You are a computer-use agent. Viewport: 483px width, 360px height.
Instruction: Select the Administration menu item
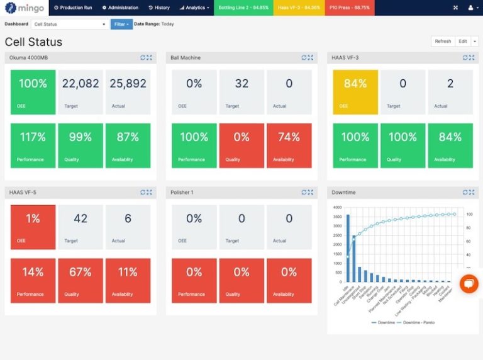120,8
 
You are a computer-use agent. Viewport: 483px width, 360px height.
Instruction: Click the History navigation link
159,8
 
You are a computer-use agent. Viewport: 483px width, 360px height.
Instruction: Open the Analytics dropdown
194,8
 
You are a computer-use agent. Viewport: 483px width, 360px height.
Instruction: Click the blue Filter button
121,24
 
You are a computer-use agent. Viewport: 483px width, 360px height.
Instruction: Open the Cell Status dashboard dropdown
70,24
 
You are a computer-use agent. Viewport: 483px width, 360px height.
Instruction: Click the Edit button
463,41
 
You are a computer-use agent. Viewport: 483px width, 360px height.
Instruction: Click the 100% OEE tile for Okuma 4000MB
33,92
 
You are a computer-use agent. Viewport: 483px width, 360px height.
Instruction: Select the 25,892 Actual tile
128,92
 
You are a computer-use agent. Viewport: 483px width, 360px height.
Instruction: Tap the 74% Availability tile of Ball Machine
289,145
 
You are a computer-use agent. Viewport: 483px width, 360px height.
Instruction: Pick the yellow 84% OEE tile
355,92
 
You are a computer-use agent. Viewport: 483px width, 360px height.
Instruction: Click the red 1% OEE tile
33,227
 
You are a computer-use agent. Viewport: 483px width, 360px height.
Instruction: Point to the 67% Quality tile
80,281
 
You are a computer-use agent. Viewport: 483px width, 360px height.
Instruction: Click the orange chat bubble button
469,284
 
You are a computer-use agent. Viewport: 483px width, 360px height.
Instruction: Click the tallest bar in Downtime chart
348,248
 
